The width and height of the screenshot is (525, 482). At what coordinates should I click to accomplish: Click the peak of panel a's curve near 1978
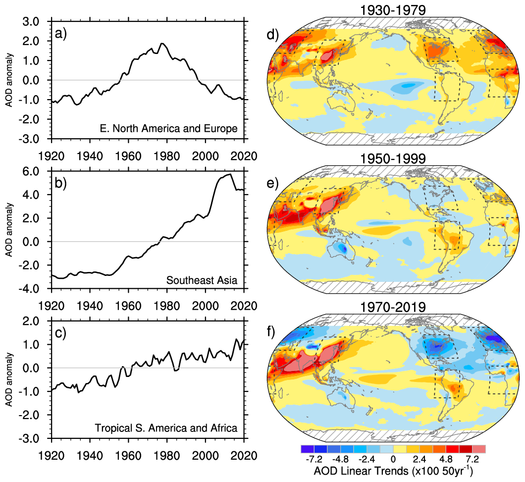click(162, 44)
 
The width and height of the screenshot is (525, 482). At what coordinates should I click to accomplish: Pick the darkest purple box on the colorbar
click(306, 449)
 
